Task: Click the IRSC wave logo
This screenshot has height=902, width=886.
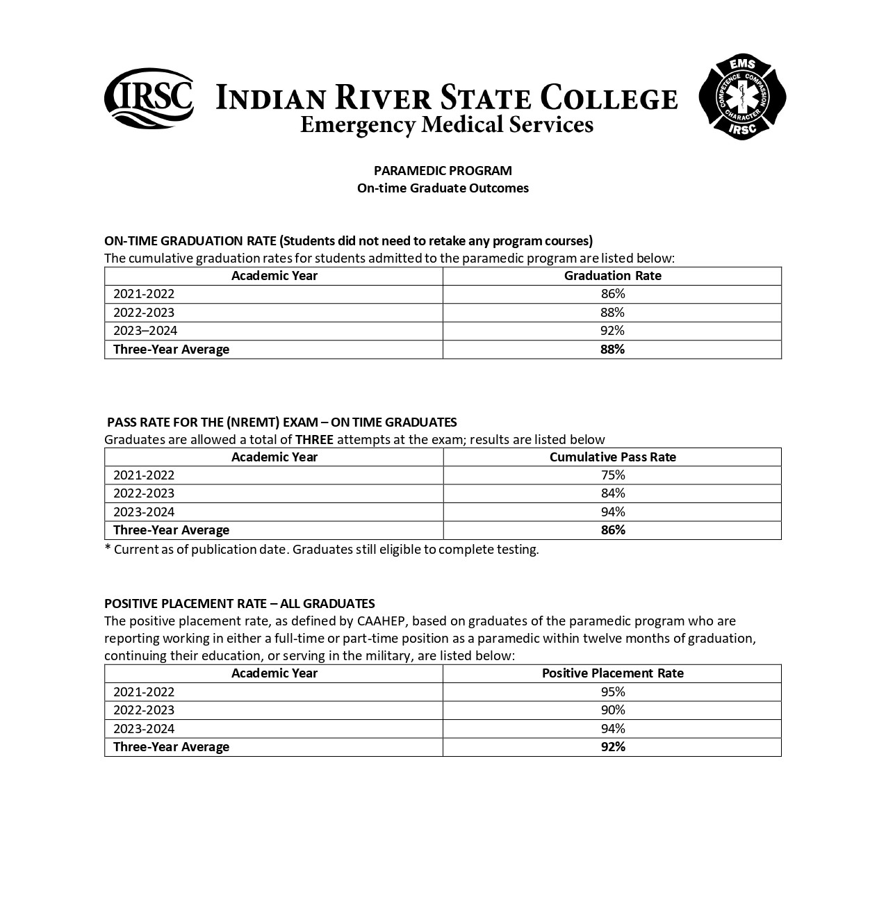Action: coord(149,99)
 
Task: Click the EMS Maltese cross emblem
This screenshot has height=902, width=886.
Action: coord(742,99)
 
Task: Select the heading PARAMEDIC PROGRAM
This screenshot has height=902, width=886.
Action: coord(443,170)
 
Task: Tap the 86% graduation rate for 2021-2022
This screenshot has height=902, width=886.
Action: coord(612,294)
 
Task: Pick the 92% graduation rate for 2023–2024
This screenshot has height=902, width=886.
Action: coord(612,331)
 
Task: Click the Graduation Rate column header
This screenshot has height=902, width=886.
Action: coord(612,276)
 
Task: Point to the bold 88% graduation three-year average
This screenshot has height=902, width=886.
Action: coord(612,350)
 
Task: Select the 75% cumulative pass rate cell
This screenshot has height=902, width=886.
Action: coord(612,475)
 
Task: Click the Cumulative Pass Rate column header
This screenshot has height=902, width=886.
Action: coord(612,457)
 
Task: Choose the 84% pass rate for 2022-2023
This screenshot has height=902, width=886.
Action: coord(612,493)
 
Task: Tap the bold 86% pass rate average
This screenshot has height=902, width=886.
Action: coord(612,530)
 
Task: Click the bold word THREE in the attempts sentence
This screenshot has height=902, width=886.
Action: coord(314,439)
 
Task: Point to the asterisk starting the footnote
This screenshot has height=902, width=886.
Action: coord(108,549)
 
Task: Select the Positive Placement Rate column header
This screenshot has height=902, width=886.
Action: coord(612,673)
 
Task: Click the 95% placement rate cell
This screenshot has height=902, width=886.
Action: coord(612,692)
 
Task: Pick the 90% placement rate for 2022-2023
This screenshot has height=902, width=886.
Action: coord(612,710)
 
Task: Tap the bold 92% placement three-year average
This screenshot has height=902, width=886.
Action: coord(612,747)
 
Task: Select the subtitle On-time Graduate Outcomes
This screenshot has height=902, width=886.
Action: coord(443,188)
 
